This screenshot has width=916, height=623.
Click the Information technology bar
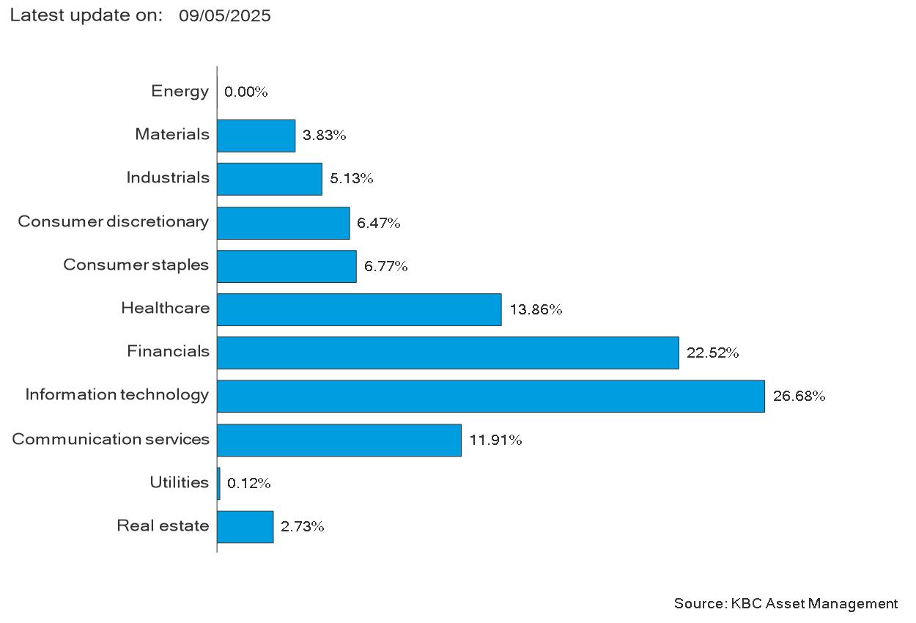click(x=491, y=397)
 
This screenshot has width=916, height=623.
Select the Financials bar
click(x=448, y=353)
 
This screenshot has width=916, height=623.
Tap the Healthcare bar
click(x=359, y=309)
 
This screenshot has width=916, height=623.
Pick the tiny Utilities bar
click(x=219, y=484)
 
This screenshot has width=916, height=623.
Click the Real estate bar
click(x=245, y=527)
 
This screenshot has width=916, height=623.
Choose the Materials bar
click(x=256, y=136)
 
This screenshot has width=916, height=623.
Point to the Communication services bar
click(x=339, y=440)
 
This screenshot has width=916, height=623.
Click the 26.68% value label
click(x=799, y=396)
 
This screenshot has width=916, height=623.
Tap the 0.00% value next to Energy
click(x=245, y=92)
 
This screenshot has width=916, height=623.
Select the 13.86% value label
click(x=536, y=309)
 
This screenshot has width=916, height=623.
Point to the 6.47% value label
click(x=378, y=223)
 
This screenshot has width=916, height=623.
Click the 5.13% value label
click(x=351, y=178)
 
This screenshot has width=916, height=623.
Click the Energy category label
click(x=180, y=91)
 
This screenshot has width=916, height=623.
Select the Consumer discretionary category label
click(x=114, y=221)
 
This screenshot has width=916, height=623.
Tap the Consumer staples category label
click(x=136, y=265)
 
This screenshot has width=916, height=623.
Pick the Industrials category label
click(x=168, y=177)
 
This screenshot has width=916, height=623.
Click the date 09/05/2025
click(x=224, y=16)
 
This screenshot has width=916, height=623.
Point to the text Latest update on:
click(x=86, y=15)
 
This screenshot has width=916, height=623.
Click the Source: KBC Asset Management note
click(x=786, y=604)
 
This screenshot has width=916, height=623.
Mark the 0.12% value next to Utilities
click(x=248, y=484)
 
